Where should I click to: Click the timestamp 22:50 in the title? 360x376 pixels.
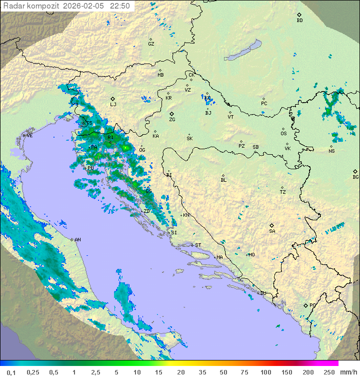point(120,6)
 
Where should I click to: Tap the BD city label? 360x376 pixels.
point(299,21)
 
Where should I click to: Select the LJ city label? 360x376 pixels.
point(113,105)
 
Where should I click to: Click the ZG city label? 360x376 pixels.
point(172,120)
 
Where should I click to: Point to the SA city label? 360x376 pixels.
point(272,231)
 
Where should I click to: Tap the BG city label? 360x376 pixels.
point(355,177)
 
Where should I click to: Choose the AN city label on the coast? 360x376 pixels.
point(77,240)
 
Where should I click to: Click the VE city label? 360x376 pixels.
point(29,136)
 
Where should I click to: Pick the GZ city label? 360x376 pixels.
point(151,44)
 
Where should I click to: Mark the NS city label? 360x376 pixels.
point(331,151)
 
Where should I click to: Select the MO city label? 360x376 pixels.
point(251,255)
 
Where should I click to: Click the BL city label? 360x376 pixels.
point(223,180)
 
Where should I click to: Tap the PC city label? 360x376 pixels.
point(264,104)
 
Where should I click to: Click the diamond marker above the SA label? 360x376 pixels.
point(272,225)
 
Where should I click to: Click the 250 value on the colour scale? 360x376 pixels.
point(328,372)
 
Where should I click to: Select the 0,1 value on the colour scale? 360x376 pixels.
point(11,372)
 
